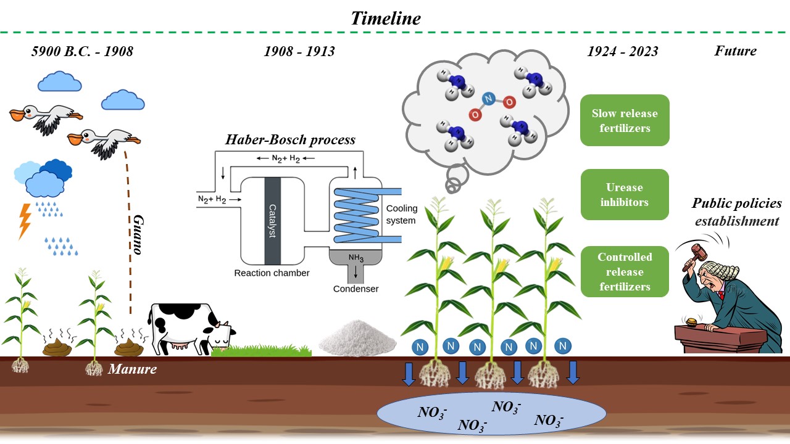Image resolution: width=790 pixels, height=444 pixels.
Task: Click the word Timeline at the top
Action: pos(386,18)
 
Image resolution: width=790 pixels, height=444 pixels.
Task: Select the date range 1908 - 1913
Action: pos(299,51)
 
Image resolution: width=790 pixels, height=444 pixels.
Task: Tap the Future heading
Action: pos(735,51)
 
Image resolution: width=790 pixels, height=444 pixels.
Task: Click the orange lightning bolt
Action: pos(25,221)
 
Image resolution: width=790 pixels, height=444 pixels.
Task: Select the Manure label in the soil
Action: pos(132,370)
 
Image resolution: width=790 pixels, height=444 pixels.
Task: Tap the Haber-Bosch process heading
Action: pos(290,139)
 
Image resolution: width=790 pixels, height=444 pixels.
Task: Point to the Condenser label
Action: pos(355,289)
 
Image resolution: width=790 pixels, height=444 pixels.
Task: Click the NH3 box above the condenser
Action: pos(355,258)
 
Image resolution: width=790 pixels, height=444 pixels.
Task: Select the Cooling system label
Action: pos(402,215)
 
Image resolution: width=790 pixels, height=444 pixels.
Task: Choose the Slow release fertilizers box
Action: pos(625,120)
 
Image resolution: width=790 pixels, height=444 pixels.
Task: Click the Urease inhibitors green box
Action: pos(625,194)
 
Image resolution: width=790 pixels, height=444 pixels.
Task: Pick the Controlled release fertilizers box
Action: pos(625,271)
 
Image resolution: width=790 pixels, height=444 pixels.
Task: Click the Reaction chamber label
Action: pos(272,273)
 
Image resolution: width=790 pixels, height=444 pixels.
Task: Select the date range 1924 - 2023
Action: pos(623,51)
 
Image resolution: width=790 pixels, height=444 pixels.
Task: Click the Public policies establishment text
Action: pos(736,212)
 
